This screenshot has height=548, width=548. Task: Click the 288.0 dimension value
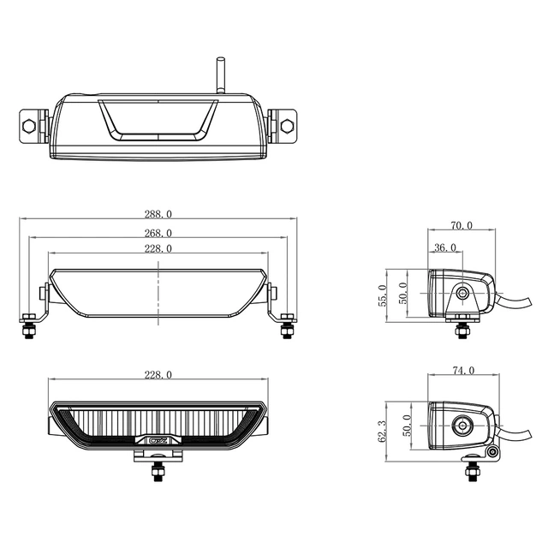point(159,214)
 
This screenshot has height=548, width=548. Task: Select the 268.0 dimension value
point(159,232)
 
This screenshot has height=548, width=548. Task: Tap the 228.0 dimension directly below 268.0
point(159,248)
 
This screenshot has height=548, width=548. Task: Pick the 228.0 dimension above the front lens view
point(159,374)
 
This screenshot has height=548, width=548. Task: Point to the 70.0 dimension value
point(462,227)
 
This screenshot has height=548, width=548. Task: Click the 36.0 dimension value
point(446,247)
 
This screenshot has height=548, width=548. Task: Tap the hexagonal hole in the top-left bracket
point(30,125)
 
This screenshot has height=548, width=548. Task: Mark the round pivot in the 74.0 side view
point(464,423)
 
